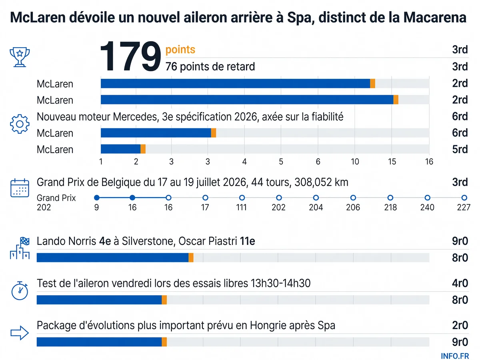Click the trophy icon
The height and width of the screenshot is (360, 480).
click(20, 57)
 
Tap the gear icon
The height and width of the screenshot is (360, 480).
click(20, 124)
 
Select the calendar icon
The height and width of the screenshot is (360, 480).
click(20, 188)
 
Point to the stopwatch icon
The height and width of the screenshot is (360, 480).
click(20, 290)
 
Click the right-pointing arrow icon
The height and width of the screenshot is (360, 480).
click(20, 333)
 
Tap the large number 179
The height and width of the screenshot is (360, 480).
click(130, 56)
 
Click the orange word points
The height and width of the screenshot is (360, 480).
click(180, 50)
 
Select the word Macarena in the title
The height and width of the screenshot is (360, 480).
click(435, 18)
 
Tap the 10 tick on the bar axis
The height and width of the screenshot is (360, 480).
click(355, 162)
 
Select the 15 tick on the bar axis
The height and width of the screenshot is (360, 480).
click(392, 162)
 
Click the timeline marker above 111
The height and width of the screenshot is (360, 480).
click(242, 198)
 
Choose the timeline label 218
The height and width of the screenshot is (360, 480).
click(390, 207)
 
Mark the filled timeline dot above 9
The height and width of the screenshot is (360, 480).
click(97, 198)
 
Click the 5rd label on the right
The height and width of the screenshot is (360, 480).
click(460, 149)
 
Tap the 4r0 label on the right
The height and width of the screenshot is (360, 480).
click(460, 283)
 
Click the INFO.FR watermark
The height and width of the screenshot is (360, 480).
click(455, 356)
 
